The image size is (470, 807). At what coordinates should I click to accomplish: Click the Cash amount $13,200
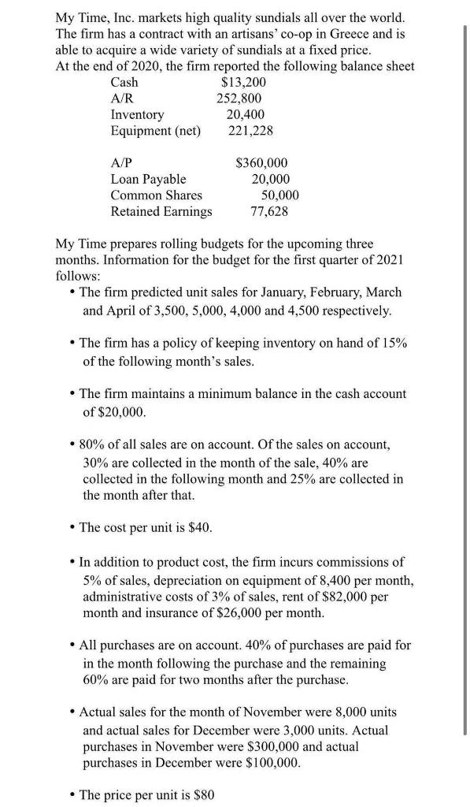click(245, 82)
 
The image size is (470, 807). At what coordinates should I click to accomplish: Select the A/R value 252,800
click(240, 99)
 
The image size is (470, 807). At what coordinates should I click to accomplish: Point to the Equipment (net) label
click(156, 130)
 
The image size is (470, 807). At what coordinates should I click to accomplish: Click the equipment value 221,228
click(250, 130)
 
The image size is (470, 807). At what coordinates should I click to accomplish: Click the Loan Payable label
click(148, 179)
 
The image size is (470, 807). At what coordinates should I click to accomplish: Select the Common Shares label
click(156, 195)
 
